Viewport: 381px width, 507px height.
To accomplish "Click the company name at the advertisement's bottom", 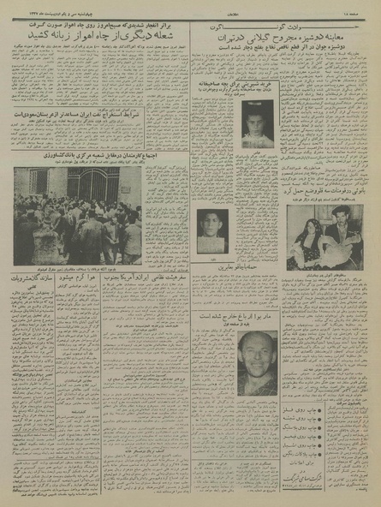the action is [335, 486].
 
